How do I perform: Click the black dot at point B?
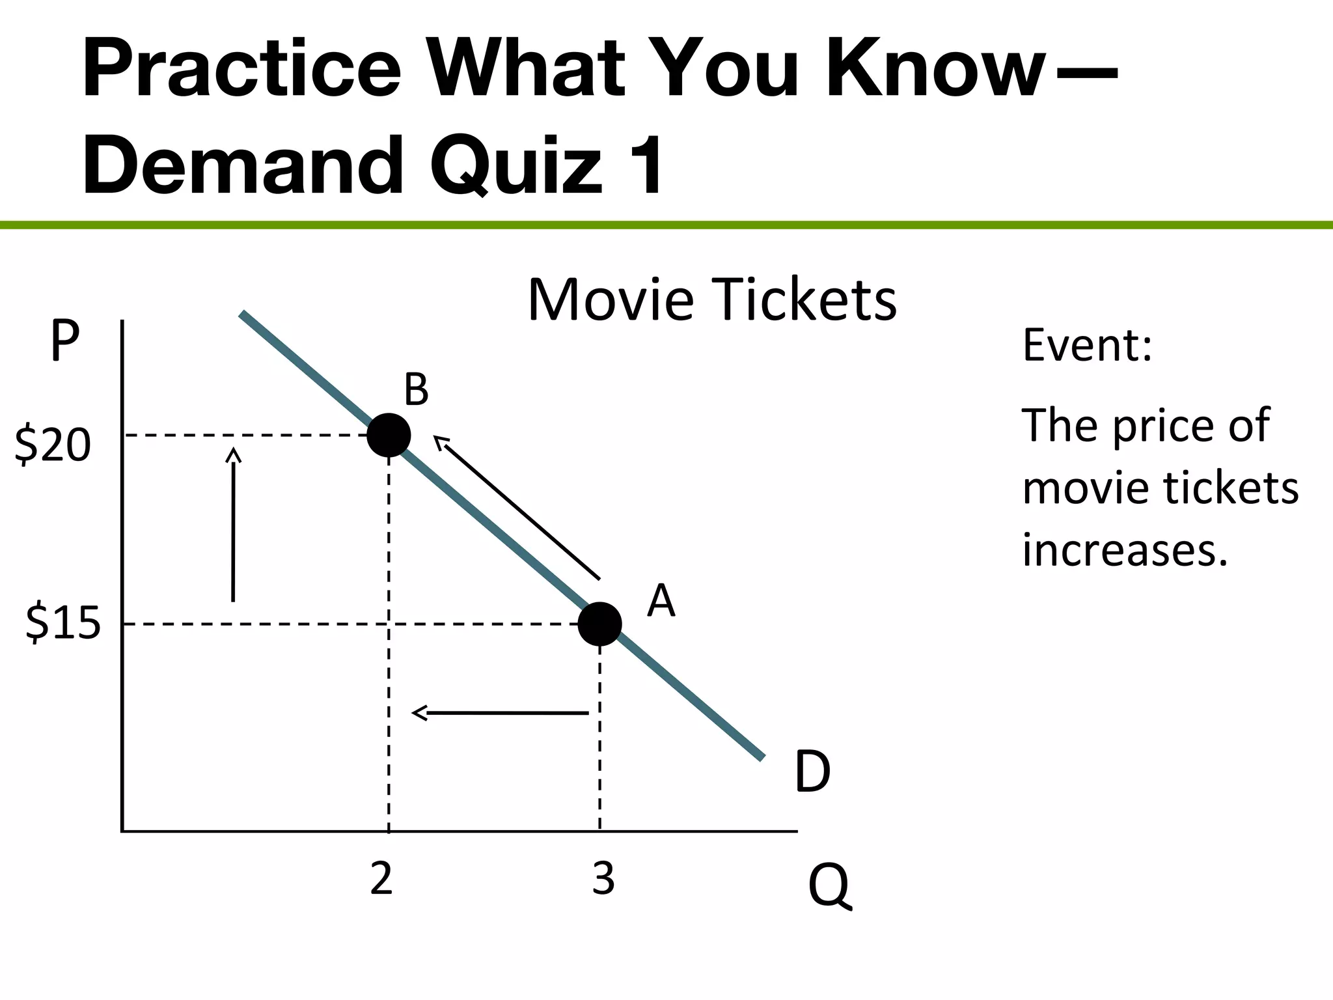click(x=389, y=436)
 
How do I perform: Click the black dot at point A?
click(x=599, y=624)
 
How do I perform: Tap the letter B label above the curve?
click(x=416, y=391)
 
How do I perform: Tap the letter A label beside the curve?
click(x=661, y=601)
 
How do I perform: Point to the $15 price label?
click(x=63, y=623)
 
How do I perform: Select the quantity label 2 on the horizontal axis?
click(x=381, y=878)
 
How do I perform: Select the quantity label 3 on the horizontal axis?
click(x=603, y=878)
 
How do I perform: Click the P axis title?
click(x=64, y=340)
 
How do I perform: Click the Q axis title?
click(x=829, y=887)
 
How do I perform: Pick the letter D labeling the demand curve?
click(x=812, y=772)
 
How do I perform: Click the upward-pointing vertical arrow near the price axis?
click(x=233, y=524)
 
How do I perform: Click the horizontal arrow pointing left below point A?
click(x=500, y=713)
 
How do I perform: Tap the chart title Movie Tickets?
click(x=712, y=300)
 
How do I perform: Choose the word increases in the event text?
click(x=1125, y=549)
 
